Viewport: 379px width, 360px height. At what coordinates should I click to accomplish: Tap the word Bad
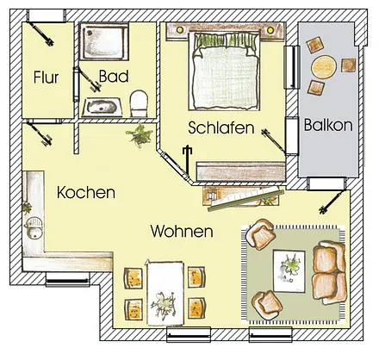[x=113, y=77]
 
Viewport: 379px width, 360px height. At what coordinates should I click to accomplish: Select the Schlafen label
[x=221, y=128]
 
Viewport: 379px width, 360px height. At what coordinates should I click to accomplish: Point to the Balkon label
[x=328, y=125]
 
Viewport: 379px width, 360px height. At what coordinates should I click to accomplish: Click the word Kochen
[x=86, y=193]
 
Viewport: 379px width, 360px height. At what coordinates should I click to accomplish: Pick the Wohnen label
[x=182, y=232]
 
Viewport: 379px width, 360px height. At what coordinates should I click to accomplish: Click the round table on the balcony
[x=325, y=66]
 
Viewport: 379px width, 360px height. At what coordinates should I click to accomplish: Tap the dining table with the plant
[x=165, y=295]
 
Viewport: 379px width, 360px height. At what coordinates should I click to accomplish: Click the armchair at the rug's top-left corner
[x=262, y=234]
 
